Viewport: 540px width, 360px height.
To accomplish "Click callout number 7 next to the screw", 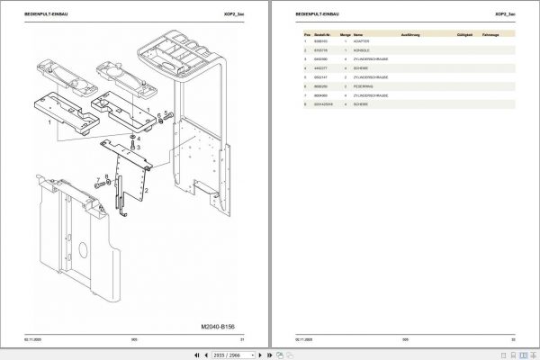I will click(97, 179).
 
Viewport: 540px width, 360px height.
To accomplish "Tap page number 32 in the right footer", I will click(512, 338).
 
